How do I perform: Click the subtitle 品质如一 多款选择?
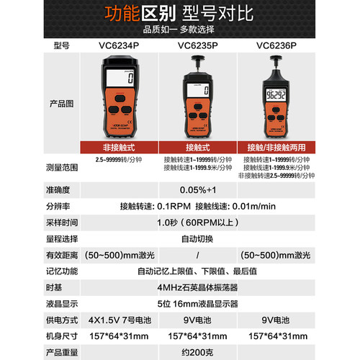pyautogui.click(x=180, y=30)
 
